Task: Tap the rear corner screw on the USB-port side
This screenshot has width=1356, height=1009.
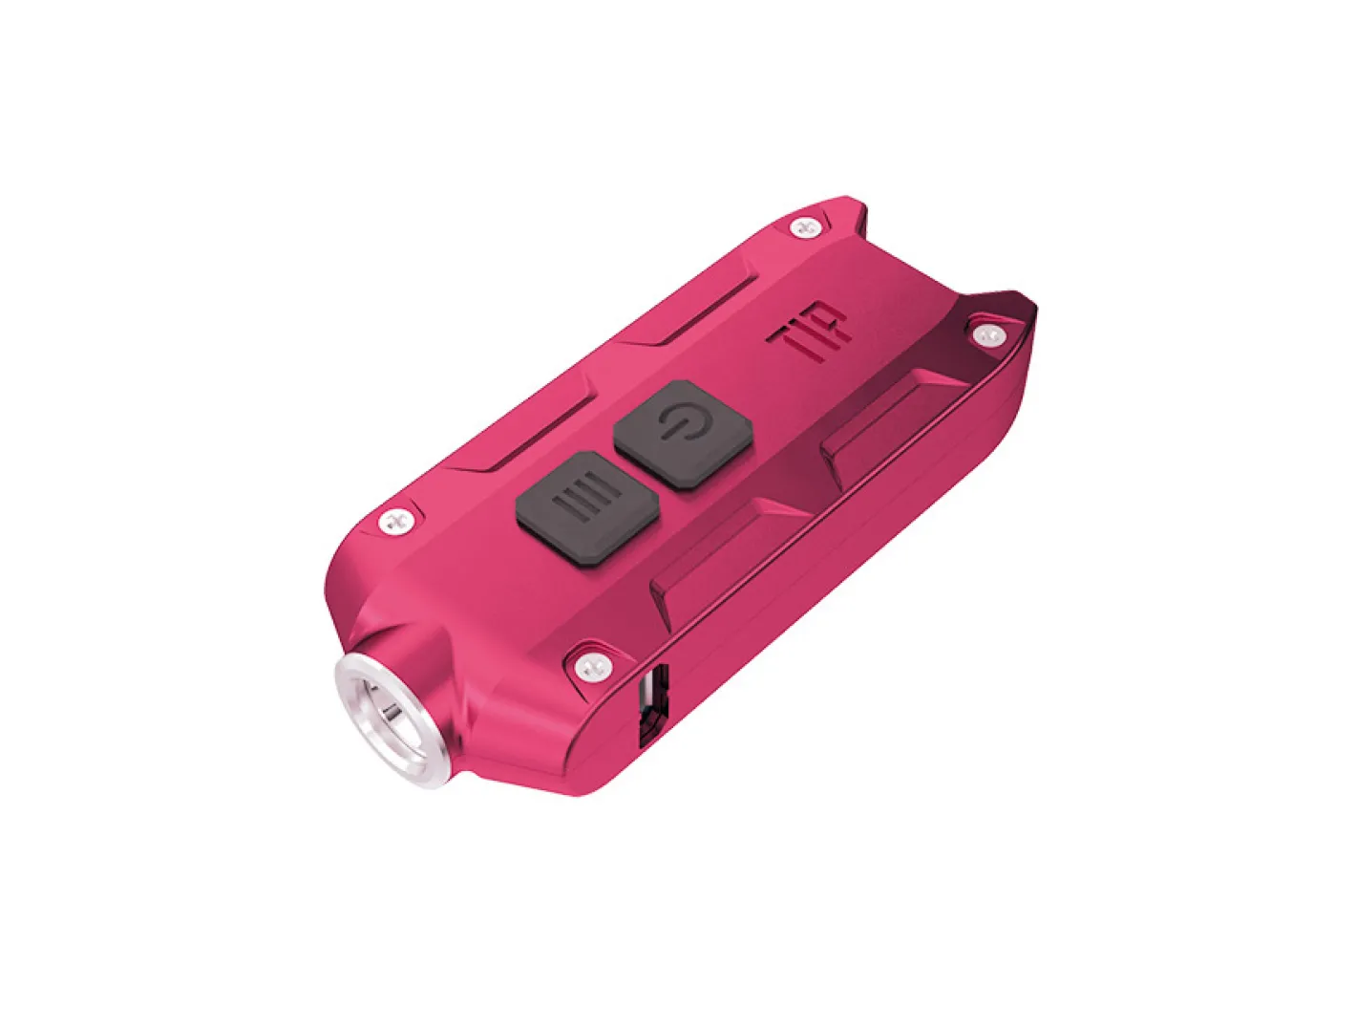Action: coord(985,333)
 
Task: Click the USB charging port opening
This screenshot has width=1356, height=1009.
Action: coord(652,707)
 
